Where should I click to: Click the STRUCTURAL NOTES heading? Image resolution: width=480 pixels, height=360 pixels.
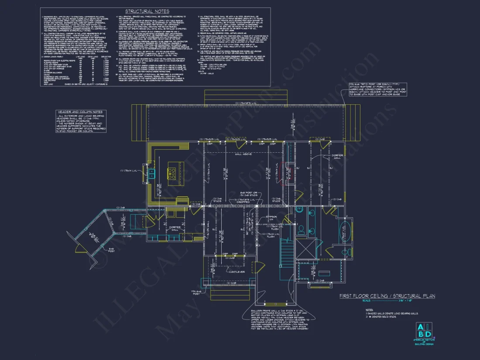[x=147, y=11]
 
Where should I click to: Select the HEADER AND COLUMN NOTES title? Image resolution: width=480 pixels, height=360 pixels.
[x=80, y=112]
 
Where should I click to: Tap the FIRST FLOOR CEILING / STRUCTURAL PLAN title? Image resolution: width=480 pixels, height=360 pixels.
[x=387, y=296]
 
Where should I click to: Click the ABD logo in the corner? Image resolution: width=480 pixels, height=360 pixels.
[x=423, y=331]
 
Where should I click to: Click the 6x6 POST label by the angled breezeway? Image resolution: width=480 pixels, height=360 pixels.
[x=111, y=250]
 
